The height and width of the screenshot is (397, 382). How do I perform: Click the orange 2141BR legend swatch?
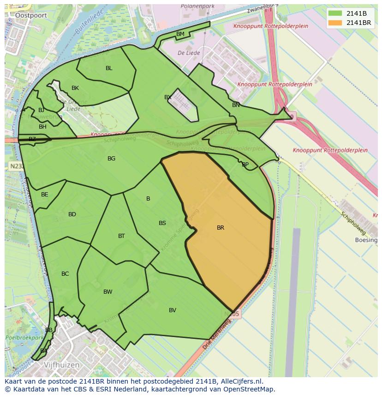336,23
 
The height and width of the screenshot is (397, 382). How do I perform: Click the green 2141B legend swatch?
336,13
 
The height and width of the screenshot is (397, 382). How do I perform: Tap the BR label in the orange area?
221,228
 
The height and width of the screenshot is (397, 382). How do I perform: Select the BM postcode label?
180,34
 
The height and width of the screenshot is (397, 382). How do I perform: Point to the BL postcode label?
109,68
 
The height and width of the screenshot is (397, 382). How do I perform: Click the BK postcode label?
75,88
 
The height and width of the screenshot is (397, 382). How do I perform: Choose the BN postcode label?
236,105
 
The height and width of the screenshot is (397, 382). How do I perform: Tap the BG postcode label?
111,159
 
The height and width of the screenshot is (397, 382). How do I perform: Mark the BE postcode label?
45,195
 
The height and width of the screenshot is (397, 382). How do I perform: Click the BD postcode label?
72,214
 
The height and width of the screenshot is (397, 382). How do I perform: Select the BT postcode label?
121,236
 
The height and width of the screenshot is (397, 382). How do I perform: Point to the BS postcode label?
162,223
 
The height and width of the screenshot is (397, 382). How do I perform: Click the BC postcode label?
65,274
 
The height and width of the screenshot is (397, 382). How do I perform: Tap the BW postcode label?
108,292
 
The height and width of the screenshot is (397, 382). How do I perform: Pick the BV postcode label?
173,310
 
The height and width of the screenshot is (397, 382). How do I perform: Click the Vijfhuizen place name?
62,365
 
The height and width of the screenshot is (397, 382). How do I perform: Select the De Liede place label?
189,53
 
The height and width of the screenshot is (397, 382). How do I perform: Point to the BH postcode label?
42,127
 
